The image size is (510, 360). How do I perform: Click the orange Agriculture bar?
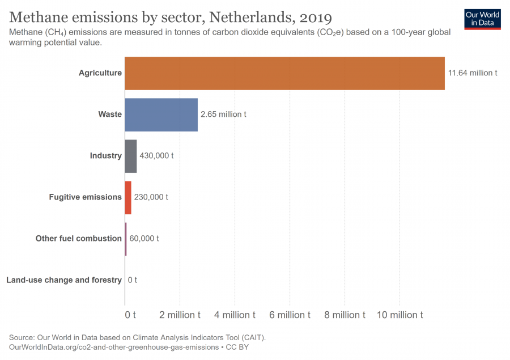click(x=284, y=73)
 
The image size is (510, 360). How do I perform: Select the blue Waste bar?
click(x=161, y=115)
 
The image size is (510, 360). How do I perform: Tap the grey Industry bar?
click(x=130, y=156)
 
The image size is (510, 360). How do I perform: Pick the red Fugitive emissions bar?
click(x=128, y=197)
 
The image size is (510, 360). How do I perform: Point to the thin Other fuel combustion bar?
click(x=126, y=239)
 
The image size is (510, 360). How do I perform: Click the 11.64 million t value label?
click(x=473, y=73)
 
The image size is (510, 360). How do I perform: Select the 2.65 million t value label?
click(x=223, y=115)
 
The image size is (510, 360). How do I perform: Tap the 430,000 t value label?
click(x=156, y=156)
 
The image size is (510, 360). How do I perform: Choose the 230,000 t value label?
click(x=151, y=197)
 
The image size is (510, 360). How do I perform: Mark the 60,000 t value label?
click(x=144, y=239)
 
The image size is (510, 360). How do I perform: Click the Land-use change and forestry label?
click(x=63, y=280)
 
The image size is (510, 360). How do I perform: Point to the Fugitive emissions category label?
click(x=85, y=197)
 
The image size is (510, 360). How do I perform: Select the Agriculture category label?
click(x=100, y=73)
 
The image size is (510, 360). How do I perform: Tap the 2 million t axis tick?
click(x=180, y=315)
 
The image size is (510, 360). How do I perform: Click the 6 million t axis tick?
click(x=290, y=315)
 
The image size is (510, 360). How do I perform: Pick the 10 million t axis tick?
click(x=400, y=315)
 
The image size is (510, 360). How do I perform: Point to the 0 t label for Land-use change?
click(x=133, y=280)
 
